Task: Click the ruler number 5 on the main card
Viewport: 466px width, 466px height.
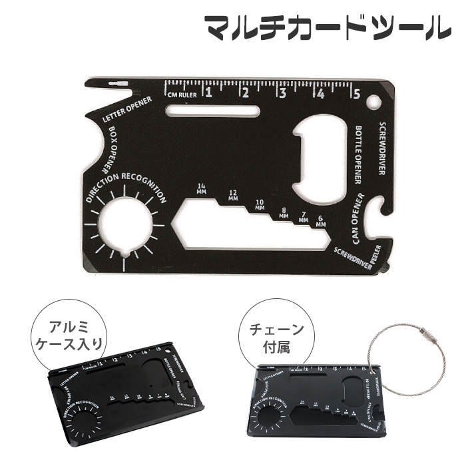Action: click(x=357, y=94)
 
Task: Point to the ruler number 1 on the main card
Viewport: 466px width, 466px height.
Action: click(x=208, y=93)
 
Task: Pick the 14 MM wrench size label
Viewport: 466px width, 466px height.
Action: click(x=201, y=188)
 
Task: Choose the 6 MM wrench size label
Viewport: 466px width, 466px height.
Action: click(x=322, y=222)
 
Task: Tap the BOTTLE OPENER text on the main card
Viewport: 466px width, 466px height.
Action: click(x=357, y=154)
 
